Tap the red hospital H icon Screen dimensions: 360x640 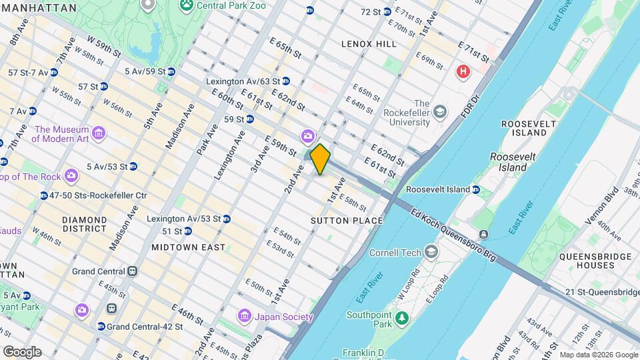462,71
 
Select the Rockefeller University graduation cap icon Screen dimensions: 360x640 439,111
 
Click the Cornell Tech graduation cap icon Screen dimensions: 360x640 431,252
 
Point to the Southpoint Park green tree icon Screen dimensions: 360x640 401,319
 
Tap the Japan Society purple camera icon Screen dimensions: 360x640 245,315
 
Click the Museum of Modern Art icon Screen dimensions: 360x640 99,135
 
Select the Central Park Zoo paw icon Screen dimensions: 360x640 187,5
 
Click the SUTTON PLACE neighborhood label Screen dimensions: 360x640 347,221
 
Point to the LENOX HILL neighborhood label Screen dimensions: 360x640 369,44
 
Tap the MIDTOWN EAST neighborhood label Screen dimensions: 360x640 188,247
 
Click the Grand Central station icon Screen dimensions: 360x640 133,271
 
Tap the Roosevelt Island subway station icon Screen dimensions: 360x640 476,189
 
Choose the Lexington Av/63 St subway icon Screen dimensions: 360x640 286,81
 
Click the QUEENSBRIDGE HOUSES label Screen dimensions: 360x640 587,261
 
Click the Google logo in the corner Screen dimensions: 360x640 22,351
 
